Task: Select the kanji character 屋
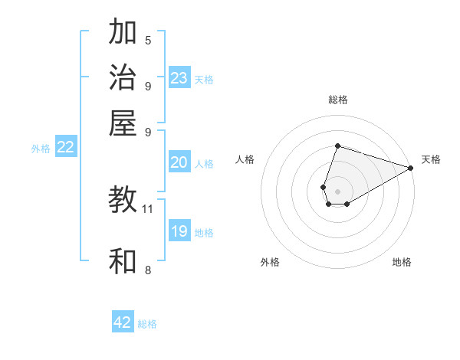(123, 123)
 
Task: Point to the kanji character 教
(123, 201)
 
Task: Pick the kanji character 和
(123, 262)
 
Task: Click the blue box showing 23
(179, 78)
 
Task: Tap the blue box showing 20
(179, 162)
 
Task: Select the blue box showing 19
(179, 231)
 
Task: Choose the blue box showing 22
(65, 147)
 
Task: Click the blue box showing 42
(123, 322)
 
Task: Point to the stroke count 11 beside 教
(148, 208)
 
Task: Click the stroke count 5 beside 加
(148, 40)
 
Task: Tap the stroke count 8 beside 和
(148, 270)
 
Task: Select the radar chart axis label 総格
(337, 100)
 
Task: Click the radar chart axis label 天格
(431, 159)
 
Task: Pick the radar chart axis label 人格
(245, 159)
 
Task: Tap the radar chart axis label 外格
(270, 262)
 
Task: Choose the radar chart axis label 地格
(402, 262)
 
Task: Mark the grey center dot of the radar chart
(337, 191)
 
